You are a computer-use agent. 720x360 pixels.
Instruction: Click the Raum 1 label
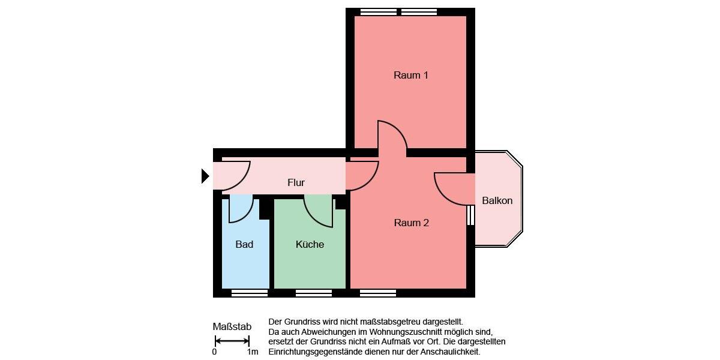pyautogui.click(x=411, y=76)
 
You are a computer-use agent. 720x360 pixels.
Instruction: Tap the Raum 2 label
pyautogui.click(x=411, y=223)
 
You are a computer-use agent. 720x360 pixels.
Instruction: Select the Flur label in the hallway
pyautogui.click(x=296, y=183)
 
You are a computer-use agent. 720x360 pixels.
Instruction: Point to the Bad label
pyautogui.click(x=244, y=244)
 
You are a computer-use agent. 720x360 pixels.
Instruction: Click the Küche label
pyautogui.click(x=310, y=244)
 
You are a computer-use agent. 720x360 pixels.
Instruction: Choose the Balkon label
pyautogui.click(x=497, y=201)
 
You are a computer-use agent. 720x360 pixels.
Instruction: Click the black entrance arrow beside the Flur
pyautogui.click(x=205, y=176)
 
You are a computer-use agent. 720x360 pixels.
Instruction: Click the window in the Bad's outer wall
pyautogui.click(x=250, y=293)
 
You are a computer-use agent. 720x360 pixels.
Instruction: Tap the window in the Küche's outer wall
pyautogui.click(x=314, y=293)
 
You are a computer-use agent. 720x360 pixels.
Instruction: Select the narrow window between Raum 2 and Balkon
pyautogui.click(x=470, y=215)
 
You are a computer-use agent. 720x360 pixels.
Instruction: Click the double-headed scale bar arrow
pyautogui.click(x=232, y=341)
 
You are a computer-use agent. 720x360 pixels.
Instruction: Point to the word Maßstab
pyautogui.click(x=232, y=327)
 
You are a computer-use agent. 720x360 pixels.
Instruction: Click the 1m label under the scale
pyautogui.click(x=253, y=352)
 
